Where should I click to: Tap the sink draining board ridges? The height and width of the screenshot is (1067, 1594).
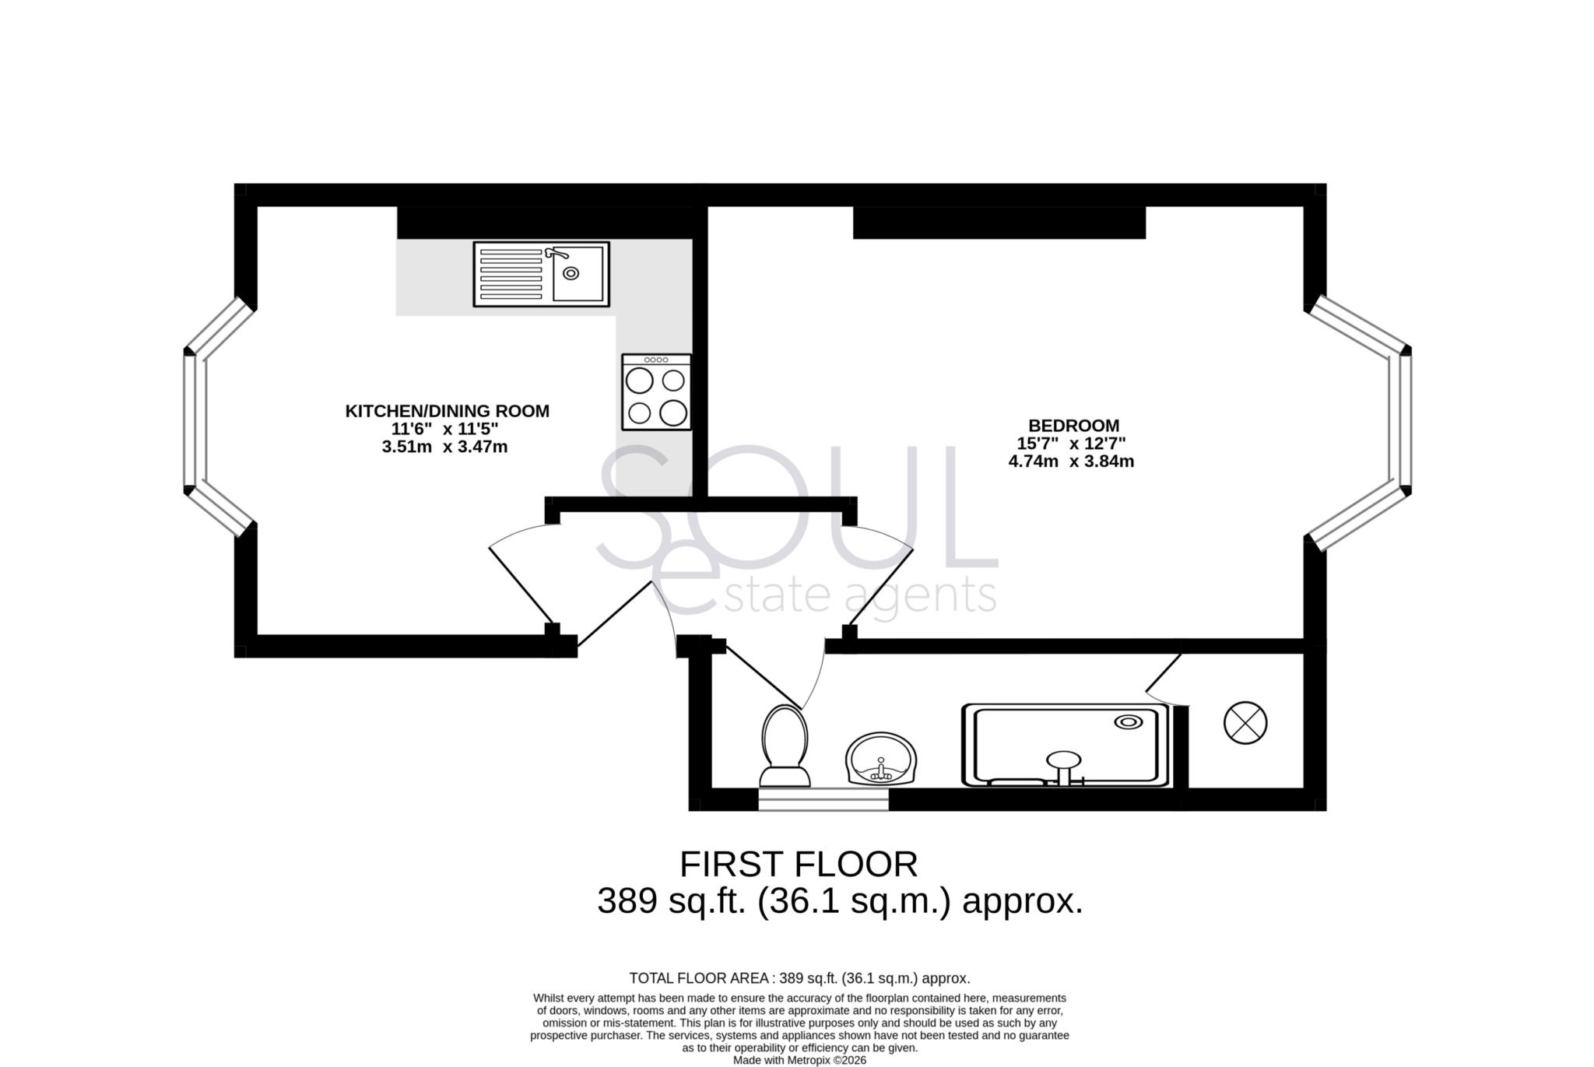pos(511,274)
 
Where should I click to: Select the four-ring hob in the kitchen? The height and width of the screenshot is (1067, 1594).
pos(656,392)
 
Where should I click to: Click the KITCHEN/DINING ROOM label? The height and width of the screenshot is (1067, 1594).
pos(447,411)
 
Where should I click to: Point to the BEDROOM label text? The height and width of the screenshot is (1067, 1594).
pos(1073,426)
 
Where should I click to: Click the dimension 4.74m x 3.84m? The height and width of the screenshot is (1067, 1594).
pos(1071,462)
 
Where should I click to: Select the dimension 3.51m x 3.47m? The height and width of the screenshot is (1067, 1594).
pos(444,448)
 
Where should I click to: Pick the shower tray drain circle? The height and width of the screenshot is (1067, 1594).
pos(1128,721)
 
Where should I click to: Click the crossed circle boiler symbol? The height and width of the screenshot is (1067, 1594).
pos(1245,723)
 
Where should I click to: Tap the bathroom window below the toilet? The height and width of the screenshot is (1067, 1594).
pos(823,799)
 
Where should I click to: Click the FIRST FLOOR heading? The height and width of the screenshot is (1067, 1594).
pos(799,865)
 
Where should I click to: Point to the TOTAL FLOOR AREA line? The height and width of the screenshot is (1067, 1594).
pos(799,978)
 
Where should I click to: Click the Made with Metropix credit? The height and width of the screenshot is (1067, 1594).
pos(799,1060)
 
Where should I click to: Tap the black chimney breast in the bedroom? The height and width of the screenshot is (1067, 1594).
pos(999,223)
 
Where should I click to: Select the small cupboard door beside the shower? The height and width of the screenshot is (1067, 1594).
pos(1164,674)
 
